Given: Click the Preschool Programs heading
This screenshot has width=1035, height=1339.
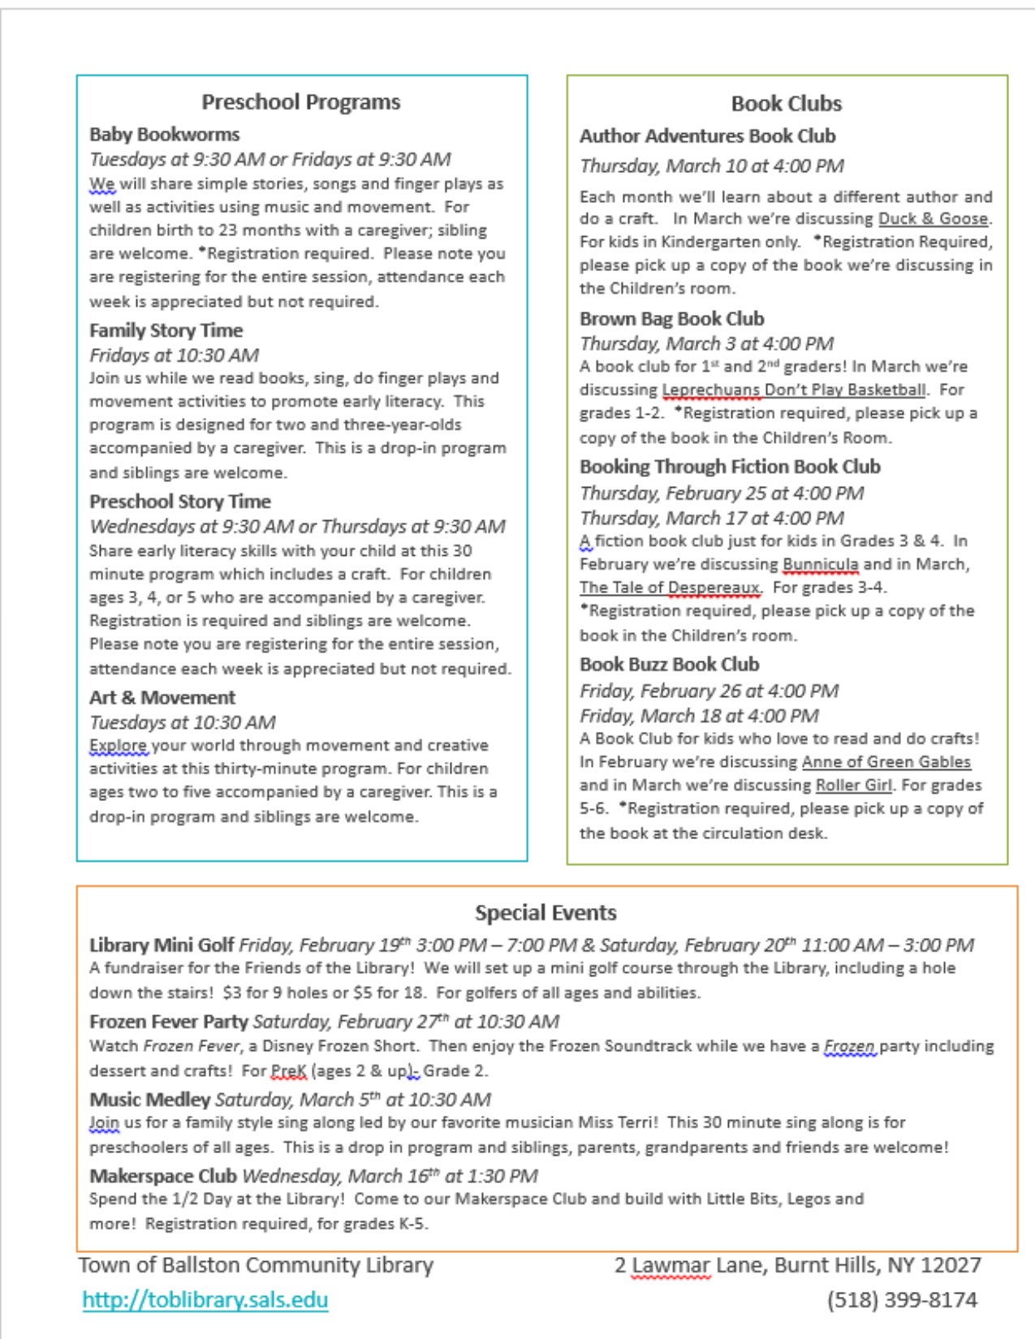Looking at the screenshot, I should pos(301,102).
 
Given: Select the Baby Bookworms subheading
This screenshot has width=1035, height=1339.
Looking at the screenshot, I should pos(164,135).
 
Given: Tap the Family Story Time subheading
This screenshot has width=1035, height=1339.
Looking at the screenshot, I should pos(166,330).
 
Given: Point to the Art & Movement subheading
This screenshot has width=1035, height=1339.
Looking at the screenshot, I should pos(162,697).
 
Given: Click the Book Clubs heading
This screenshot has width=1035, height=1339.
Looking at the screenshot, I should pos(786,104).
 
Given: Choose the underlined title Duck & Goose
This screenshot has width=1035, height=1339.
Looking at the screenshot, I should pos(934,219).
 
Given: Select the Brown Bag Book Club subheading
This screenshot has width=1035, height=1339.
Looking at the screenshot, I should pos(671,319).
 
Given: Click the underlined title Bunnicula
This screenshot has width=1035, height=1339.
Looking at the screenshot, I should pos(820,564).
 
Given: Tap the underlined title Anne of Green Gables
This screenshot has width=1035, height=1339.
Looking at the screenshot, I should pos(886,762).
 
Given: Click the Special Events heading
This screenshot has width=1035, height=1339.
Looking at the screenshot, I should pos(546,913).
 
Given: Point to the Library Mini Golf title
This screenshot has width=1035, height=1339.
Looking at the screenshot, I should pos(162,945).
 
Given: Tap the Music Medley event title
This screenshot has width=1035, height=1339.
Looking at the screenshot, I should pos(149,1100).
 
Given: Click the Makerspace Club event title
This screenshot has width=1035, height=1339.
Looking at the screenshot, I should pos(162,1176).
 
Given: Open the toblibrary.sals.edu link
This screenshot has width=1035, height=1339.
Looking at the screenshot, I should pos(205,1300).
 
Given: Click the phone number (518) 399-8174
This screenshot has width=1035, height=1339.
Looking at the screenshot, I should pos(902,1300).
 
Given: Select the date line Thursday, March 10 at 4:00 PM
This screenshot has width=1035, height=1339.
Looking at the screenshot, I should pos(711,166).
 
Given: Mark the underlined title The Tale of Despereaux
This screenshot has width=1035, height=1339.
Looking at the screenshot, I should pos(670,588).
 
